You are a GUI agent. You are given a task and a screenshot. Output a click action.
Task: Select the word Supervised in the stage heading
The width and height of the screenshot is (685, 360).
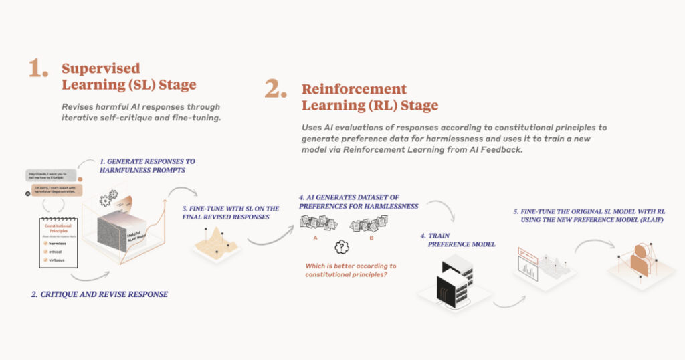(101, 68)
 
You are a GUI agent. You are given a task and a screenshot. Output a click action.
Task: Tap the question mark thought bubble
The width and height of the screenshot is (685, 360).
(342, 247)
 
